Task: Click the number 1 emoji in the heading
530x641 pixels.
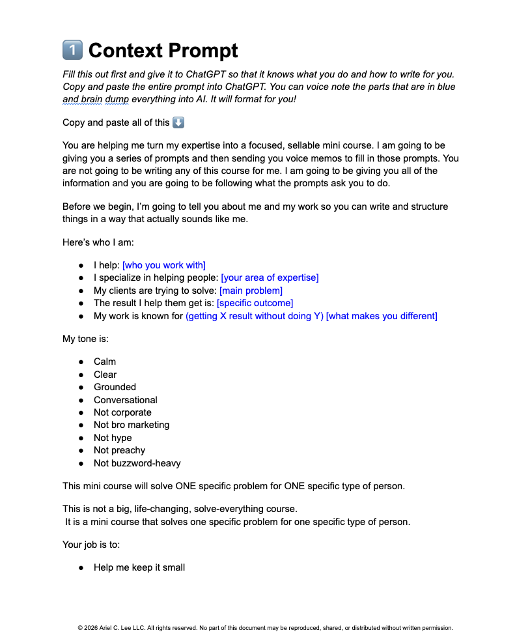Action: (72, 50)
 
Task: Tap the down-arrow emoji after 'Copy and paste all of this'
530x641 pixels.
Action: (178, 122)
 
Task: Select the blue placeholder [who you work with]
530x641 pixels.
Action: (163, 265)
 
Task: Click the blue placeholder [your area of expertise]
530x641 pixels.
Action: (270, 278)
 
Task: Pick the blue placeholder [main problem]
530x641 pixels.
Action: (251, 291)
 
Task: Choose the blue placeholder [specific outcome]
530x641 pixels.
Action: (255, 303)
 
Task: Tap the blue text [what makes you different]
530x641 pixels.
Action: (382, 316)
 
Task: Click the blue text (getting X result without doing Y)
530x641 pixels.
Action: (254, 316)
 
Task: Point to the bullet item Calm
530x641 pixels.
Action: (105, 362)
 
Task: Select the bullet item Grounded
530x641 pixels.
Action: (115, 387)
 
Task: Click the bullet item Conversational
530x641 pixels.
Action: (126, 400)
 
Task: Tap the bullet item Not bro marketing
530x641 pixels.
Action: (132, 425)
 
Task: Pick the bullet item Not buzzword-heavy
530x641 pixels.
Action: (137, 463)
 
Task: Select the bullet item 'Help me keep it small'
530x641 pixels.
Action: (139, 567)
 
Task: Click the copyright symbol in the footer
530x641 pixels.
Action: (80, 629)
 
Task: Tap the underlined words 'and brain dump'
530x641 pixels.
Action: (96, 99)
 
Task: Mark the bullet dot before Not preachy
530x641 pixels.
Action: (81, 451)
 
